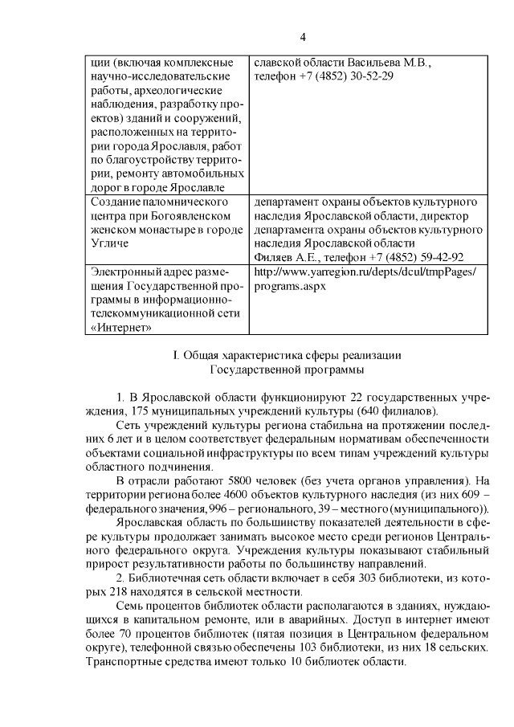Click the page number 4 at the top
coord(303,37)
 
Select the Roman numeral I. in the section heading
coord(177,355)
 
